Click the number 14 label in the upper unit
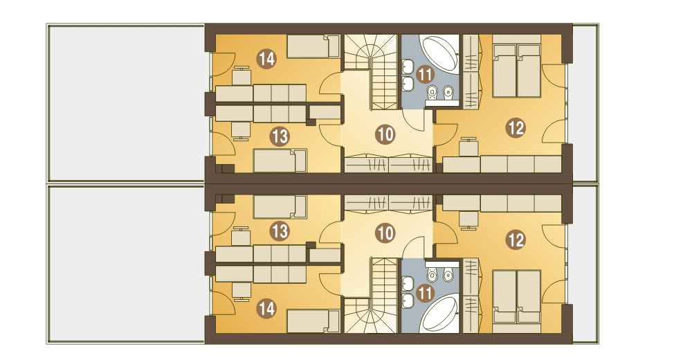pos(266,59)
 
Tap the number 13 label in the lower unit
pos(280,231)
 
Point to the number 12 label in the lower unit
pos(516,240)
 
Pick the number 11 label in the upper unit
pos(425,74)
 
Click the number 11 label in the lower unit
pos(425,293)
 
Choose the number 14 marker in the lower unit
pos(266,308)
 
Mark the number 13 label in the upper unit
pos(280,136)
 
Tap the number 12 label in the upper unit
pos(516,127)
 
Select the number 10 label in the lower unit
pos(385,233)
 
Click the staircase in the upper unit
pos(372,69)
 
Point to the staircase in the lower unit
pos(372,298)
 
